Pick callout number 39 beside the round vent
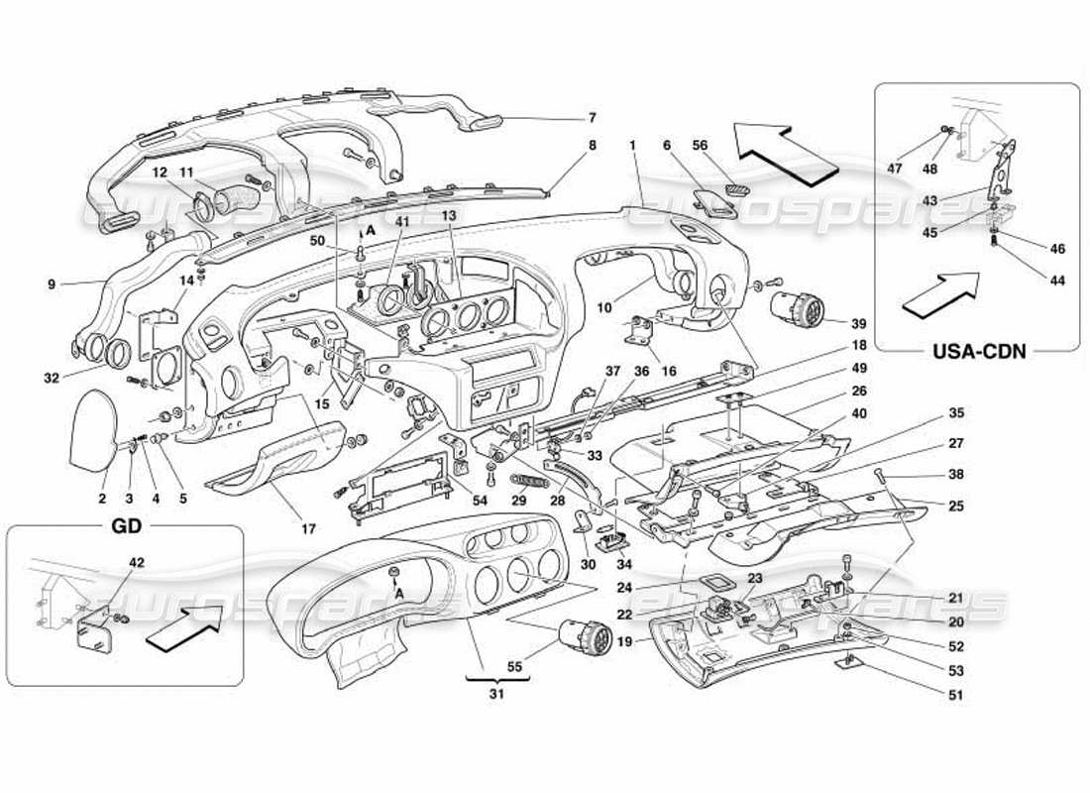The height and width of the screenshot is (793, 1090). (857, 323)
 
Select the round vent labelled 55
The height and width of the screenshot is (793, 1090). (587, 635)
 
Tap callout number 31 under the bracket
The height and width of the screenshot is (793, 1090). (496, 694)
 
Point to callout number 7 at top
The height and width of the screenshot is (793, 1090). (592, 118)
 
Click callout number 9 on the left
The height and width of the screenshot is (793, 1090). (51, 284)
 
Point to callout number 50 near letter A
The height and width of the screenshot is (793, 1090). (317, 241)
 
